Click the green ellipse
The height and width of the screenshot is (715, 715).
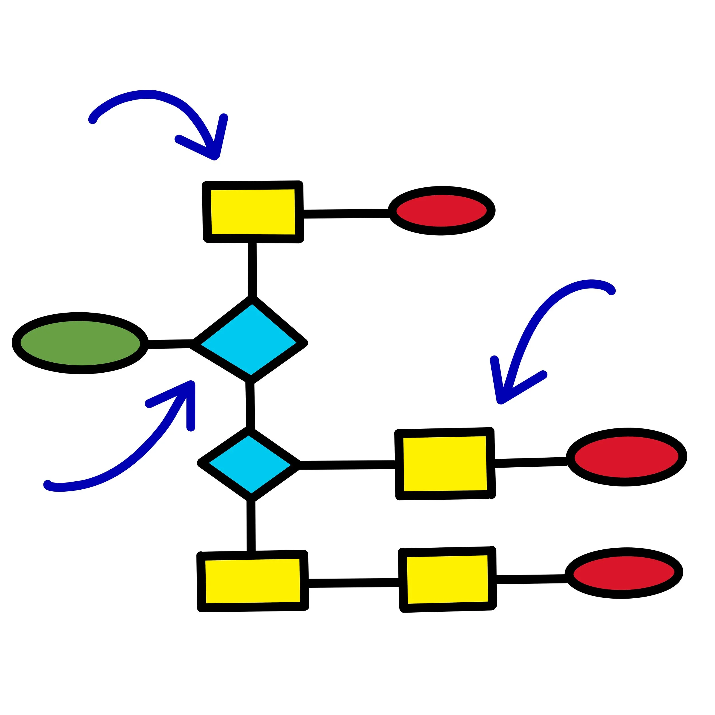click(x=80, y=343)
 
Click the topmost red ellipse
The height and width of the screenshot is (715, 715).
click(x=442, y=210)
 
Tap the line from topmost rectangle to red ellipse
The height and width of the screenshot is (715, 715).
click(x=346, y=214)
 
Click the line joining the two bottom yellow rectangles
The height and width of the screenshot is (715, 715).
click(x=353, y=583)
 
